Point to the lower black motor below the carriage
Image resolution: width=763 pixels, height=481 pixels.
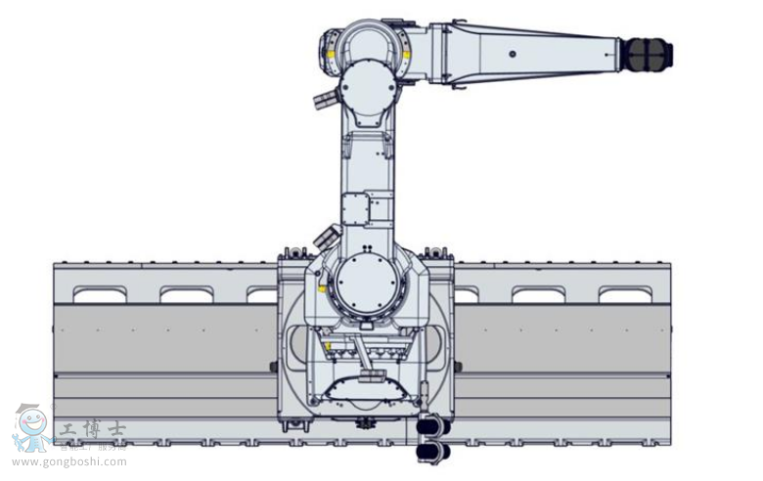pyautogui.click(x=432, y=451)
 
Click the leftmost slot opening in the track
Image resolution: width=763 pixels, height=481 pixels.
pyautogui.click(x=100, y=294)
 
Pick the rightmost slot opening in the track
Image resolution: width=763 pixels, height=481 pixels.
pyautogui.click(x=625, y=294)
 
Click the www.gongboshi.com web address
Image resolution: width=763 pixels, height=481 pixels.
pyautogui.click(x=69, y=462)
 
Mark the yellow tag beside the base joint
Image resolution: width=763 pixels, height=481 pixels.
pyautogui.click(x=323, y=289)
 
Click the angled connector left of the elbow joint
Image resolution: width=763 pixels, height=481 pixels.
pyautogui.click(x=324, y=100)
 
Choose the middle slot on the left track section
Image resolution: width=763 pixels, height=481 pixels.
pyautogui.click(x=186, y=294)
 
